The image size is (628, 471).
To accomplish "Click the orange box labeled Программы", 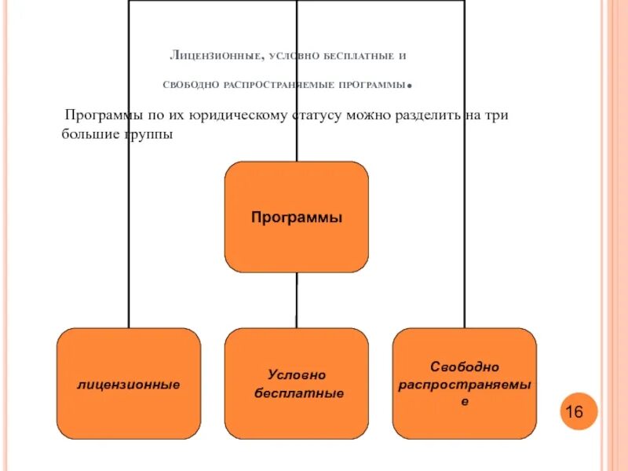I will (297, 217).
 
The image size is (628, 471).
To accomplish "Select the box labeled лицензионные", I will (128, 384).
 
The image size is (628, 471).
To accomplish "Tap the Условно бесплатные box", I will (297, 384).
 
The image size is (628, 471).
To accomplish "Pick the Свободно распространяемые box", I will (465, 383).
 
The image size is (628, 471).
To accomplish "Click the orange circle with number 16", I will (579, 411).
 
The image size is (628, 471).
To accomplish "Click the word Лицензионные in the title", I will (215, 57).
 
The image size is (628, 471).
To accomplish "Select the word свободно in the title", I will (190, 84).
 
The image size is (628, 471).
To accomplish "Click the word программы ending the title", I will (374, 84).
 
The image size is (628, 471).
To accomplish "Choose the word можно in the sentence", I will (360, 115).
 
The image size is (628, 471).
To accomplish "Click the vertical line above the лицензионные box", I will (129, 235).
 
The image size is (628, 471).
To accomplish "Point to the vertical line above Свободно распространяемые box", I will (465, 235).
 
